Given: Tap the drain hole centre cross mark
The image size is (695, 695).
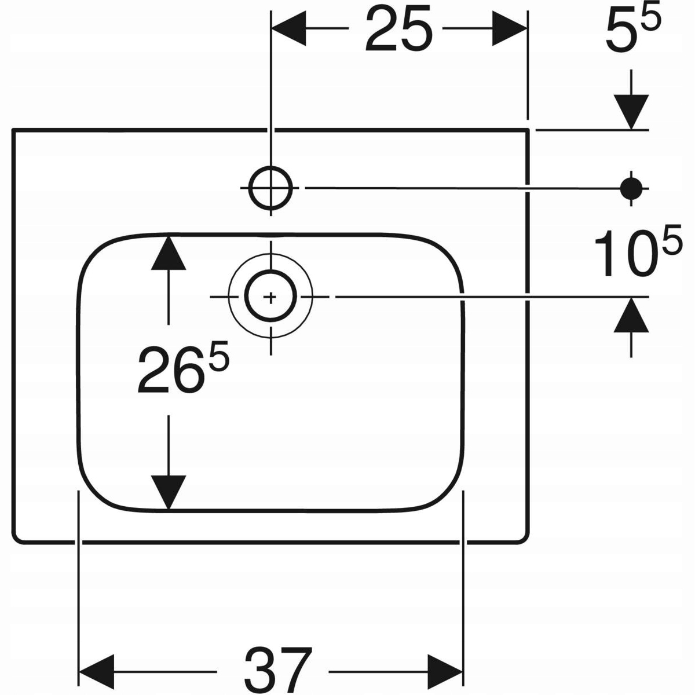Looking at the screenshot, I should pyautogui.click(x=270, y=297).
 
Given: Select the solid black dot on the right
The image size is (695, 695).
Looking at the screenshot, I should pyautogui.click(x=631, y=188).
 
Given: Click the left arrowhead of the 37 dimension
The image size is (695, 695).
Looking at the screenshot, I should pyautogui.click(x=96, y=672).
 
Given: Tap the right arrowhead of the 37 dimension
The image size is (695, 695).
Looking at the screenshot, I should pyautogui.click(x=445, y=672).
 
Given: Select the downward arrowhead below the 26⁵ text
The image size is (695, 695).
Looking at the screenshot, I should pyautogui.click(x=169, y=492).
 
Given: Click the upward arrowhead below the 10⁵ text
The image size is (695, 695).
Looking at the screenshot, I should pyautogui.click(x=631, y=316).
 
